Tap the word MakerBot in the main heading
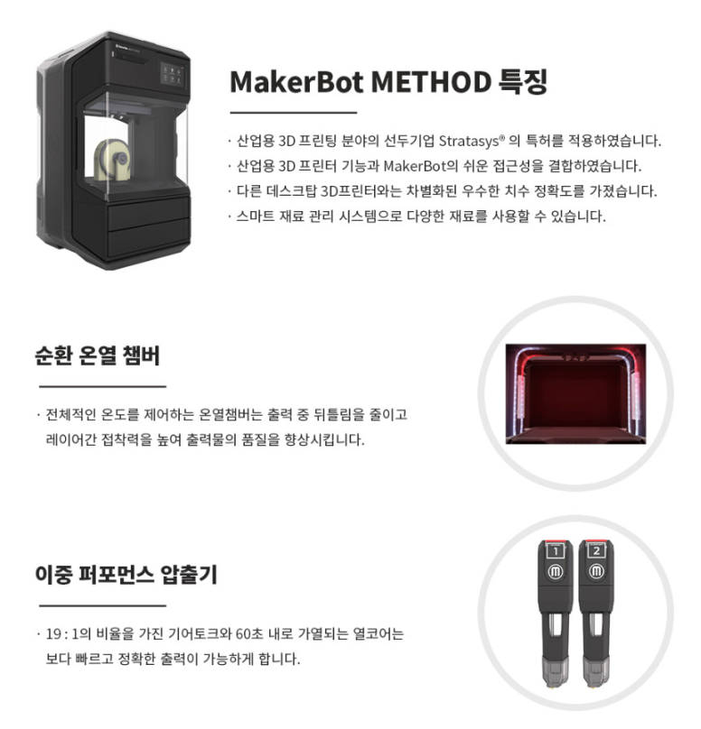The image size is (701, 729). pos(296,82)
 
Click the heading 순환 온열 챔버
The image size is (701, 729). pos(98,355)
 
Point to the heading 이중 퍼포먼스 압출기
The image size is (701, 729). pos(126,575)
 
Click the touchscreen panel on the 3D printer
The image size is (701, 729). pos(173,74)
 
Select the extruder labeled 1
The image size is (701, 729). pos(556,613)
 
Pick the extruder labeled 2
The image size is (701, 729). pos(596,613)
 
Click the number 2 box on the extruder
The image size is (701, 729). pos(596,551)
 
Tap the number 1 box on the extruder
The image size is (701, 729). pos(556,551)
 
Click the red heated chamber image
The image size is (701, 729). pos(575,393)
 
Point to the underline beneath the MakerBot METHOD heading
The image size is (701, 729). pos(294,113)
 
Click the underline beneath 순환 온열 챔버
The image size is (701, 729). pos(102,386)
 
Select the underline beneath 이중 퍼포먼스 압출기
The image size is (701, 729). pos(102,605)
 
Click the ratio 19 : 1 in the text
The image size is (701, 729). pos(62,633)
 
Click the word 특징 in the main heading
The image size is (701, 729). pos(523,82)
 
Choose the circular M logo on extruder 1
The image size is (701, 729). pos(556,571)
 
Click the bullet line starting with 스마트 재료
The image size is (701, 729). pos(418,217)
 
